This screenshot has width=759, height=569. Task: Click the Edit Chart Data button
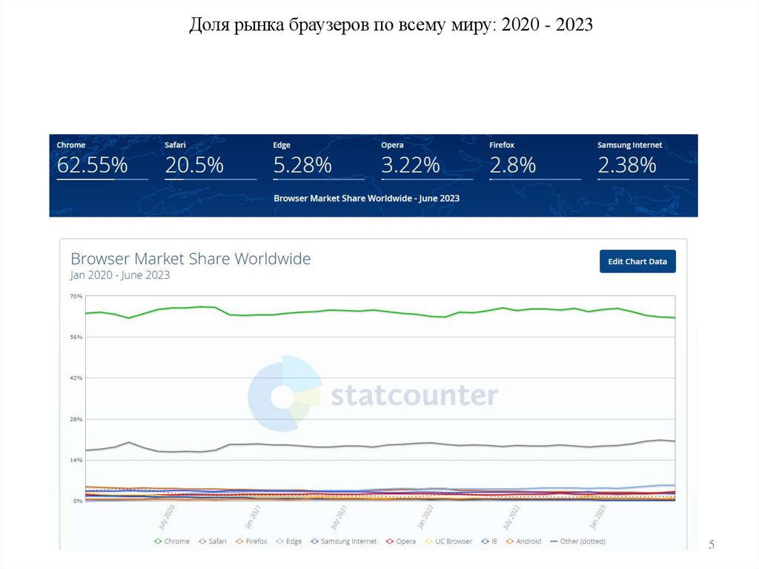coord(637,261)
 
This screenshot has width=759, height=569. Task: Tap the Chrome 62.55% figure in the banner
coord(92,165)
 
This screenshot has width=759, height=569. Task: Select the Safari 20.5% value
coord(194,165)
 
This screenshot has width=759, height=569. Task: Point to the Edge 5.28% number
coord(302,165)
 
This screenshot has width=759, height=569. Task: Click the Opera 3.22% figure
coord(411,165)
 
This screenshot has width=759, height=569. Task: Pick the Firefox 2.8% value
coord(513,165)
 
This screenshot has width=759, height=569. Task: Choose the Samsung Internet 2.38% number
coord(627,165)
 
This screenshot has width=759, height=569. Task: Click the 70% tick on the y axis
coord(76,296)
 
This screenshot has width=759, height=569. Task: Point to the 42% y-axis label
coord(76,378)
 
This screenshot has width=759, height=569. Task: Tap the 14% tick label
coord(76,460)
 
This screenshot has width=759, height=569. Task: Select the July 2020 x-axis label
coord(166,517)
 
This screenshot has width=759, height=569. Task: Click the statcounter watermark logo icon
coord(285,394)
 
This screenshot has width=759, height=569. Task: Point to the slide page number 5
coord(712,545)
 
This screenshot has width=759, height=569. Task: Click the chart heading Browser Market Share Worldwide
coord(190,259)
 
